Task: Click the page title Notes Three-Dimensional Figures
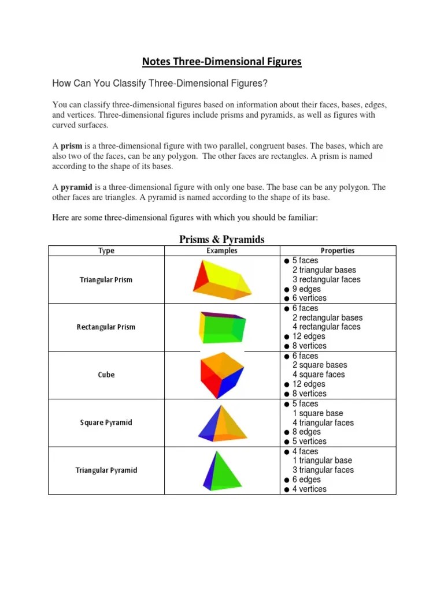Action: pyautogui.click(x=222, y=61)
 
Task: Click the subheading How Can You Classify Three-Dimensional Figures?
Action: pyautogui.click(x=160, y=84)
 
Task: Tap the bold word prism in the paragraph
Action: pyautogui.click(x=72, y=147)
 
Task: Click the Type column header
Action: pyautogui.click(x=106, y=250)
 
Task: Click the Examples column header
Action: pyautogui.click(x=222, y=250)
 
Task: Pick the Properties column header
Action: pyautogui.click(x=338, y=250)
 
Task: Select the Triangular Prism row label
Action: pyautogui.click(x=106, y=280)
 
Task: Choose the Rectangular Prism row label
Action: pyautogui.click(x=106, y=327)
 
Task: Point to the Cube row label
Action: pyautogui.click(x=106, y=375)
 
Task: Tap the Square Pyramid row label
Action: pyautogui.click(x=106, y=422)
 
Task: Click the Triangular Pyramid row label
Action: pyautogui.click(x=106, y=470)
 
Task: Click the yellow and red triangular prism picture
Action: pyautogui.click(x=221, y=280)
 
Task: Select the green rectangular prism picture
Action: pyautogui.click(x=222, y=327)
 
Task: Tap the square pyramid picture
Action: pyautogui.click(x=222, y=424)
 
